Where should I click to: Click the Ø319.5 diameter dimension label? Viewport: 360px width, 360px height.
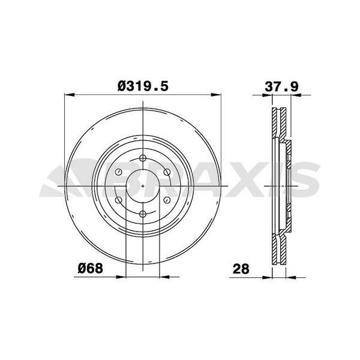tap(142, 86)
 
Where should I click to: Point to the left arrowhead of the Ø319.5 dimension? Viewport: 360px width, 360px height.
tap(68, 94)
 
